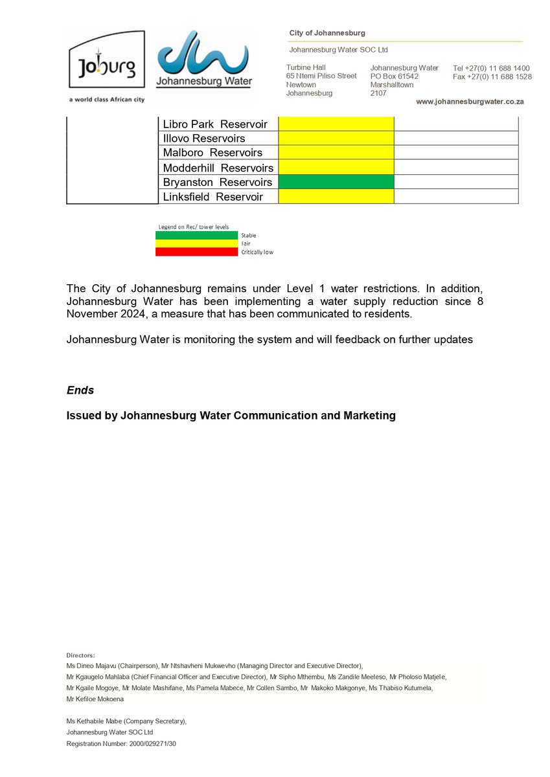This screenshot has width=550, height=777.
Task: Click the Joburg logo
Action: (106, 65)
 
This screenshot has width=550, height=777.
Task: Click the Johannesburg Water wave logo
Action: (205, 58)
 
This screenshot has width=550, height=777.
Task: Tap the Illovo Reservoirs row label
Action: (203, 139)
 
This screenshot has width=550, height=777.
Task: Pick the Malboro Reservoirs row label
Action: (212, 153)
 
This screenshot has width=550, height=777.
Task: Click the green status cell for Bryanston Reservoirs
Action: (336, 182)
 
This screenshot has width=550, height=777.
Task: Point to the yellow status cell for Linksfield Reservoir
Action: (336, 196)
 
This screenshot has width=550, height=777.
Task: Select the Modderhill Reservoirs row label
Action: (218, 168)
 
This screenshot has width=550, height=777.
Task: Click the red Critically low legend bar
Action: (196, 252)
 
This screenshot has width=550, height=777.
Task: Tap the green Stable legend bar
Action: (196, 235)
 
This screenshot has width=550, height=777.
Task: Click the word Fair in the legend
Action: (246, 243)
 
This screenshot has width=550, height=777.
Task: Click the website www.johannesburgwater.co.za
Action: (470, 102)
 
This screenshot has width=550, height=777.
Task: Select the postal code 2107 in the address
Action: (379, 93)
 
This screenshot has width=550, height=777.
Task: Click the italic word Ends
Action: (80, 390)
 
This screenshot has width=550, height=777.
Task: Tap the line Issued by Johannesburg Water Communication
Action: (231, 416)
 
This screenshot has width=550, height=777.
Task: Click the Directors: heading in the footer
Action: (80, 655)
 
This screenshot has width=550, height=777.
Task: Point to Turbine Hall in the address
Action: (306, 67)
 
